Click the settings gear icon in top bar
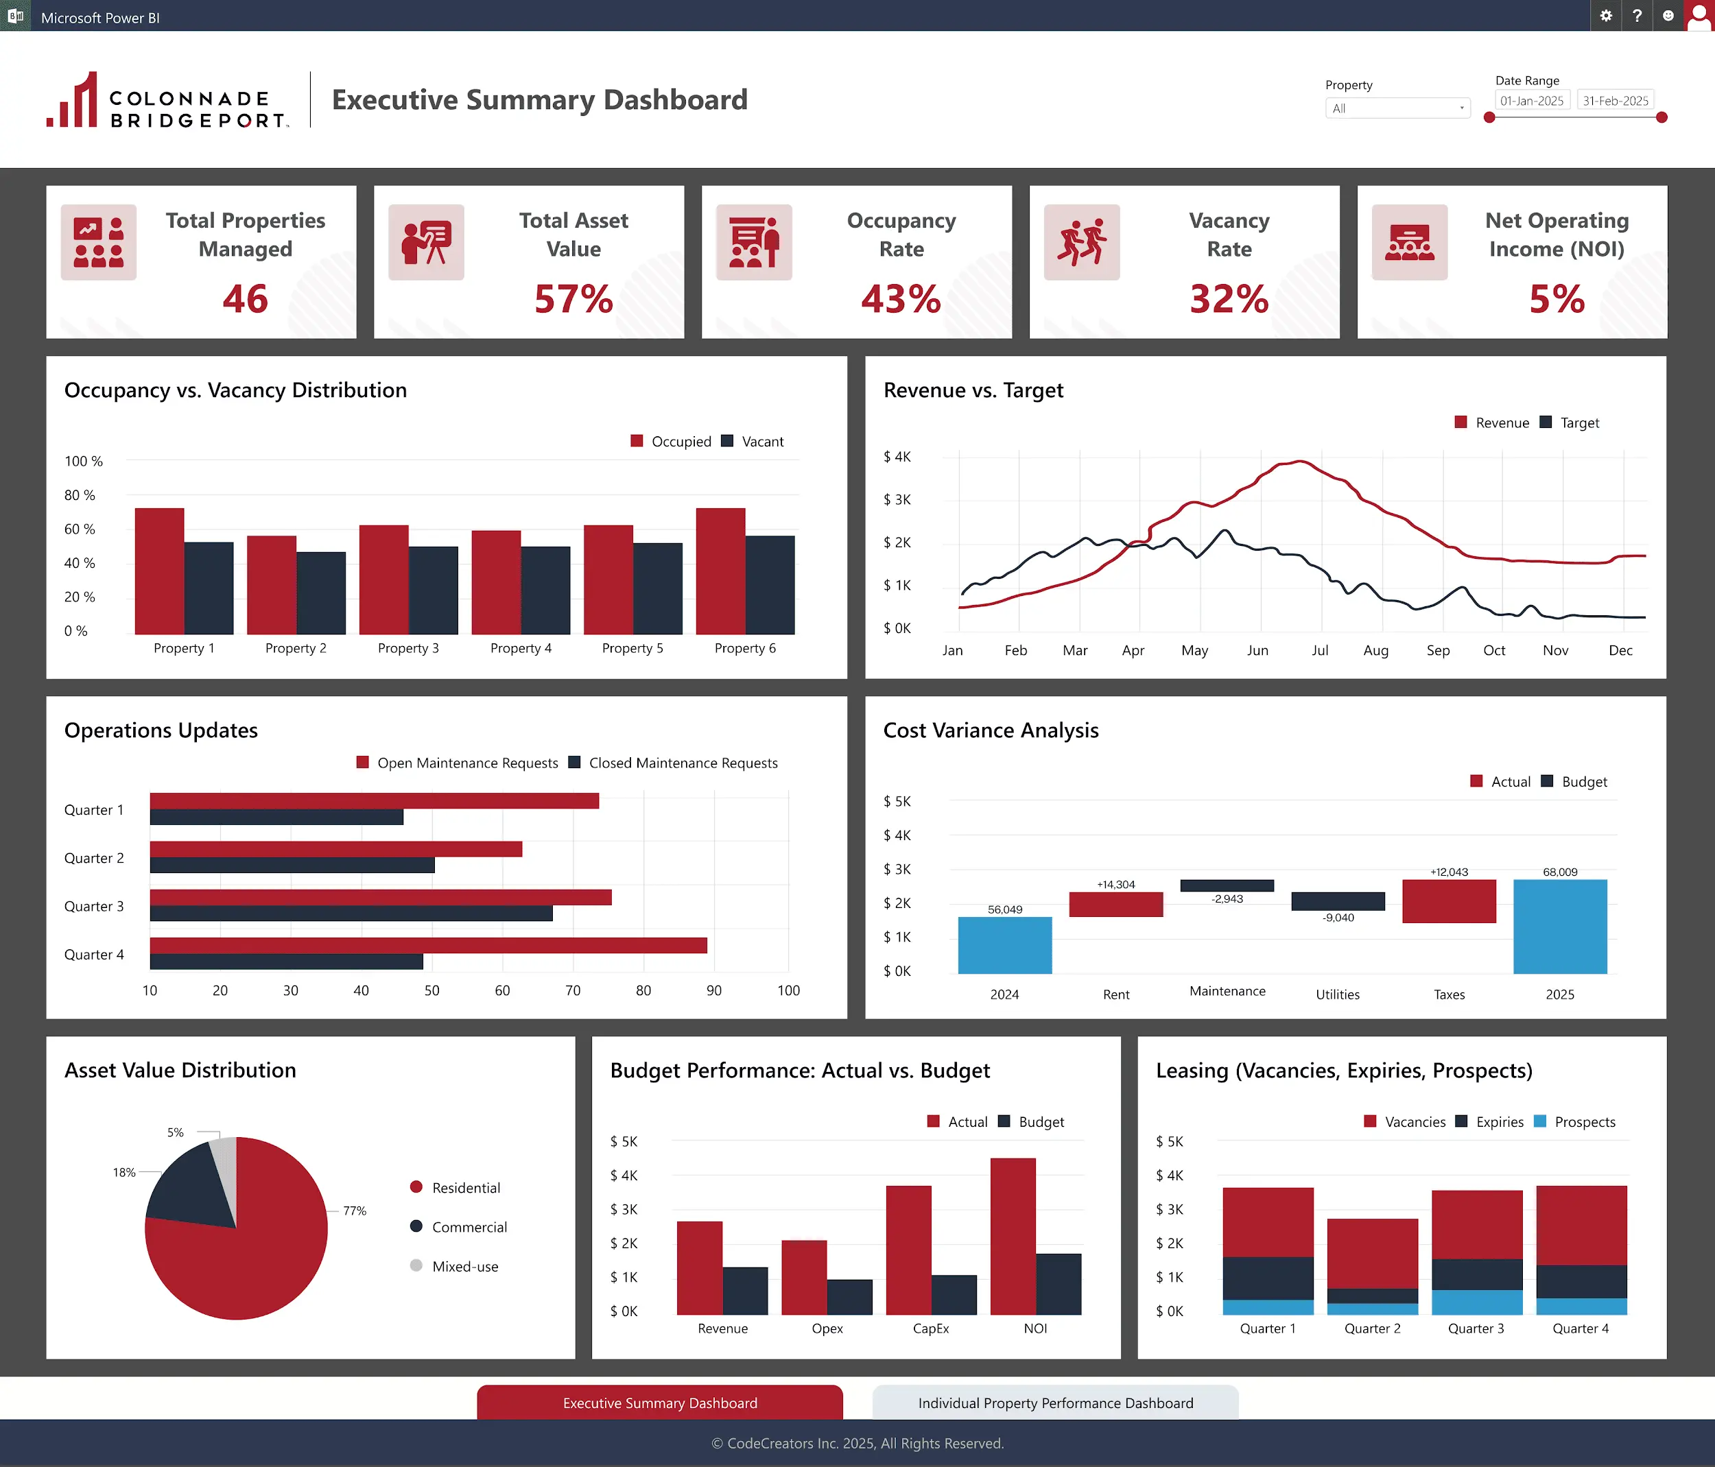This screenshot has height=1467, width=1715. [x=1606, y=16]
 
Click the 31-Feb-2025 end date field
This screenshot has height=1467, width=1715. [x=1615, y=101]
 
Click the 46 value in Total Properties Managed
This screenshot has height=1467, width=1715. [x=245, y=299]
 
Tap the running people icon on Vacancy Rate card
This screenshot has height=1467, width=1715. [x=1081, y=242]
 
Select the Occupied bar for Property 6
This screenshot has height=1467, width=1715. [x=720, y=571]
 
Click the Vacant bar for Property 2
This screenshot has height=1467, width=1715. [x=321, y=593]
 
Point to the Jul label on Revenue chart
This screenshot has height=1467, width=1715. [x=1319, y=650]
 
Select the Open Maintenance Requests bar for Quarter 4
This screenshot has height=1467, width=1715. [x=428, y=945]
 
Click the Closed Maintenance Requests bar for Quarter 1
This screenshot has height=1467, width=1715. [x=276, y=818]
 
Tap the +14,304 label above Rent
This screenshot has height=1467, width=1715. [x=1115, y=885]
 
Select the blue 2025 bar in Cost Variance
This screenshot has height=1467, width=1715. [x=1559, y=926]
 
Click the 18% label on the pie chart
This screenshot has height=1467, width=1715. [x=124, y=1173]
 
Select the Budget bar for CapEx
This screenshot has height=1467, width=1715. [x=954, y=1295]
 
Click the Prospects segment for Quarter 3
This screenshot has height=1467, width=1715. [x=1477, y=1302]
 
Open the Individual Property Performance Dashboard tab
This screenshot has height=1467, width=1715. [x=1054, y=1403]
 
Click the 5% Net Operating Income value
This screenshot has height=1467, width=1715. [x=1556, y=299]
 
